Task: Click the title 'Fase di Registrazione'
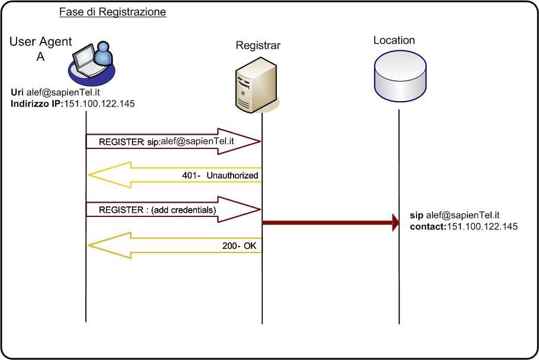112,12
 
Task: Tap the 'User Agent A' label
41,49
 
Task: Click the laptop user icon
91,60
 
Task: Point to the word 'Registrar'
258,45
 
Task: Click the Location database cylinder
400,75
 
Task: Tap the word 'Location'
394,40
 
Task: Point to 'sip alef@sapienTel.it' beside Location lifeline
456,215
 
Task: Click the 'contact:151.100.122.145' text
464,226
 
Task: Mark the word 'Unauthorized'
233,176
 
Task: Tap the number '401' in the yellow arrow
189,176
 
